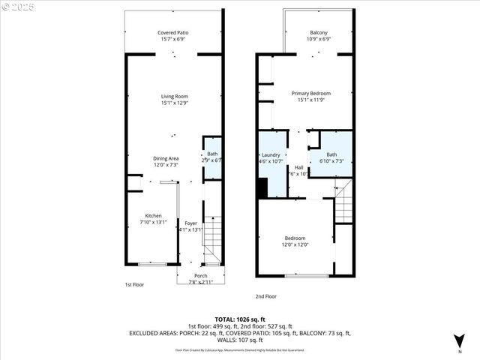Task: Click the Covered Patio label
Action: pyautogui.click(x=174, y=36)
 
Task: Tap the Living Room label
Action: pyautogui.click(x=174, y=100)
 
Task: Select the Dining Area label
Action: pyautogui.click(x=166, y=161)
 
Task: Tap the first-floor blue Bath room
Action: pyautogui.click(x=212, y=157)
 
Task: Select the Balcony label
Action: pyautogui.click(x=319, y=36)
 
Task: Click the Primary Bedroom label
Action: pyautogui.click(x=311, y=97)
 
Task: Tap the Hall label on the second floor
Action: pyautogui.click(x=298, y=170)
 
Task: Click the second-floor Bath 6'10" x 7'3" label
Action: pyautogui.click(x=331, y=157)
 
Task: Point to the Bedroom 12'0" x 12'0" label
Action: pyautogui.click(x=295, y=241)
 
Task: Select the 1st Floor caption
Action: pyautogui.click(x=134, y=285)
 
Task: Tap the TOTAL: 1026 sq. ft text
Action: pyautogui.click(x=240, y=319)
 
